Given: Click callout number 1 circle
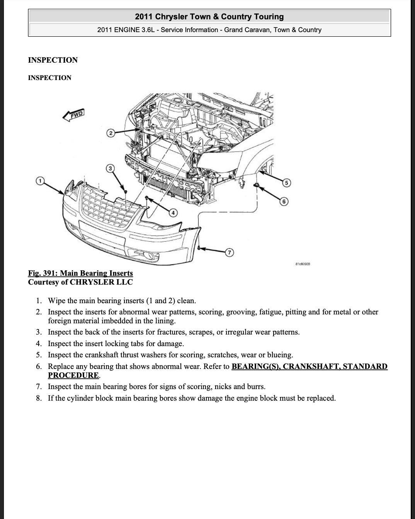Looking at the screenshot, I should (x=39, y=181).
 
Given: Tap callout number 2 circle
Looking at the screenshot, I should (x=111, y=133).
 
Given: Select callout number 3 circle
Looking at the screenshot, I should (x=111, y=168).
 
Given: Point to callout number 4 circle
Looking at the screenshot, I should (x=173, y=212).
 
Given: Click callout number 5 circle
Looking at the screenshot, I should (x=286, y=183).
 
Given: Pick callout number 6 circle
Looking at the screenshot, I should (x=284, y=201).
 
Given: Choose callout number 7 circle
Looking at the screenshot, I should (x=230, y=253).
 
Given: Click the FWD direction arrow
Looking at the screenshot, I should (x=73, y=115).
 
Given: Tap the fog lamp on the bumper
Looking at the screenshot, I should (x=153, y=256).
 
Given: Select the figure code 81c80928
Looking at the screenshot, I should (x=303, y=264).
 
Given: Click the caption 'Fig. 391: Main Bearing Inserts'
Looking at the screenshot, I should (x=80, y=273).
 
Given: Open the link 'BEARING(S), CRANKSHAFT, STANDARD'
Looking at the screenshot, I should (x=309, y=366).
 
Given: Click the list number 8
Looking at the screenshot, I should (x=39, y=398).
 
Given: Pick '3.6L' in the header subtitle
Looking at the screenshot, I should (x=146, y=30).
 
